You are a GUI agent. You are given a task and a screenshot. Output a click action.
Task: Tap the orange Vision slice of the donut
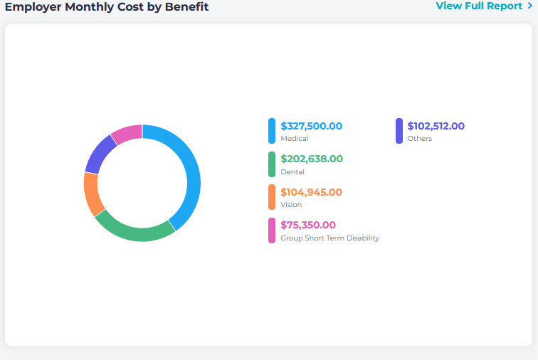(91, 194)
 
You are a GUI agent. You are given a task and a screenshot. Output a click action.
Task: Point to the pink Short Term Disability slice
(127, 132)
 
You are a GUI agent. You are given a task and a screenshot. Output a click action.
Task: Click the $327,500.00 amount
(311, 126)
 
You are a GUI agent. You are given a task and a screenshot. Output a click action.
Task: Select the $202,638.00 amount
(311, 159)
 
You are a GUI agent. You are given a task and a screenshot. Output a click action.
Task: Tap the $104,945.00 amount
(311, 192)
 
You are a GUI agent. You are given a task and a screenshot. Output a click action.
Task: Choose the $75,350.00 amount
(308, 225)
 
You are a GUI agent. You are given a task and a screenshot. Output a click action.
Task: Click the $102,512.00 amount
(436, 126)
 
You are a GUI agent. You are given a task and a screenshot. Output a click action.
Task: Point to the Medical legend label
(295, 139)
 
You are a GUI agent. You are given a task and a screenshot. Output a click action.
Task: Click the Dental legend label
(292, 172)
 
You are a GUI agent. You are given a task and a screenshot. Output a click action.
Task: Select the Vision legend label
(291, 205)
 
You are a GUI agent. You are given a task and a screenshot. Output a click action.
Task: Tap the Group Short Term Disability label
(329, 238)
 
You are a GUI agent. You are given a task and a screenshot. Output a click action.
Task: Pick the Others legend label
(419, 139)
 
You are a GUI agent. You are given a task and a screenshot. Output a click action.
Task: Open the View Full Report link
(479, 6)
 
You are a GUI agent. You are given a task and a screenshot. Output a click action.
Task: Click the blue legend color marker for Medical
(272, 131)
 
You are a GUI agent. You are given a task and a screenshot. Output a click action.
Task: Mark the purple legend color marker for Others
(399, 131)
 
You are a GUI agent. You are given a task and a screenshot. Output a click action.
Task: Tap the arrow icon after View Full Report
(529, 6)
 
